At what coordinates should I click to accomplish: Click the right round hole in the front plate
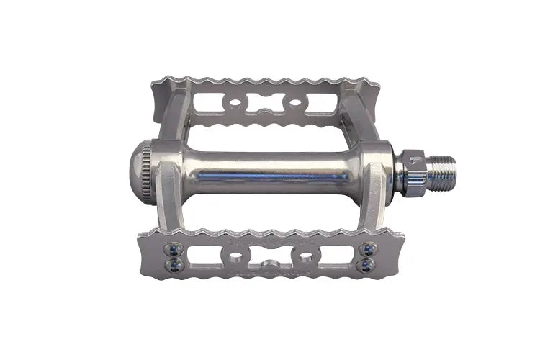pyautogui.click(x=306, y=257)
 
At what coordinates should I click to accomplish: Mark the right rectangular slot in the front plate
pyautogui.click(x=337, y=257)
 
